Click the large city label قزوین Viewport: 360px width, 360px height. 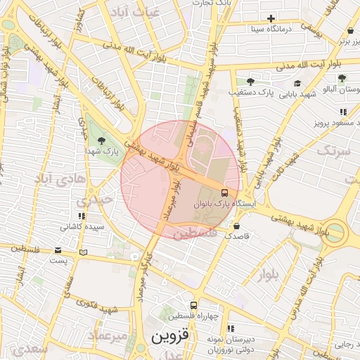[170, 336]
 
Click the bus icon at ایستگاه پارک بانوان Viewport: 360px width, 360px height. [224, 192]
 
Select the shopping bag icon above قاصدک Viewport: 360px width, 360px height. [236, 226]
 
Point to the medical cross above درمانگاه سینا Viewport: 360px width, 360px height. [271, 18]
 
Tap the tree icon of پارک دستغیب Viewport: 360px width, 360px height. [250, 82]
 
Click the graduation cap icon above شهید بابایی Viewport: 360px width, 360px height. [297, 84]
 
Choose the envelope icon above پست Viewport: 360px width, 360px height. [58, 250]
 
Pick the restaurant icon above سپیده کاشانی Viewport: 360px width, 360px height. [82, 216]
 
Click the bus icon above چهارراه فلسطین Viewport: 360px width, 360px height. [193, 305]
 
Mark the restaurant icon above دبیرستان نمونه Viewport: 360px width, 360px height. [230, 328]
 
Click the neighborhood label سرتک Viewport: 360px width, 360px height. [333, 150]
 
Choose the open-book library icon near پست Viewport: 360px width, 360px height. [84, 252]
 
